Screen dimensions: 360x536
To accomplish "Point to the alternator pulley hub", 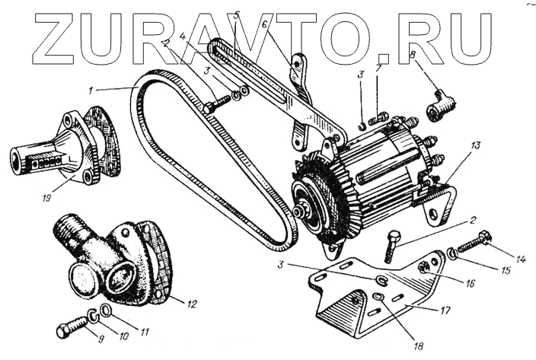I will [x=302, y=206].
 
